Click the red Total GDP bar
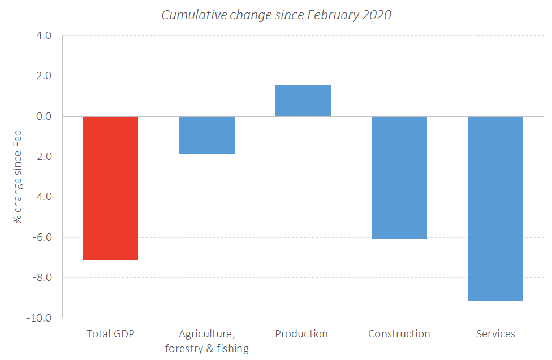110,188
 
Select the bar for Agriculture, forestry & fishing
207,135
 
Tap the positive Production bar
303,101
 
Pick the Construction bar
399,177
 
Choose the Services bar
495,209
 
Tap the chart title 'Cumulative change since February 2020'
276,15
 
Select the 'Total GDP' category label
110,334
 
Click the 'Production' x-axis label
301,334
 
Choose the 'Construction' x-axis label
399,334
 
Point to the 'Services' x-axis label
495,334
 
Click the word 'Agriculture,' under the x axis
207,334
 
